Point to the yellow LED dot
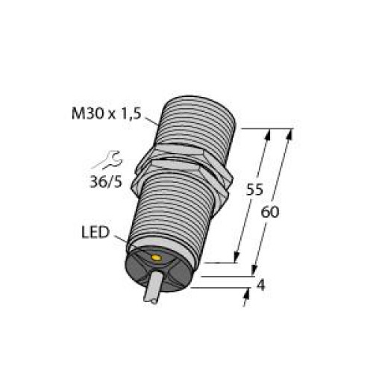click(x=155, y=259)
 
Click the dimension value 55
click(x=254, y=190)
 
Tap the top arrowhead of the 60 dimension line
click(x=287, y=133)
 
